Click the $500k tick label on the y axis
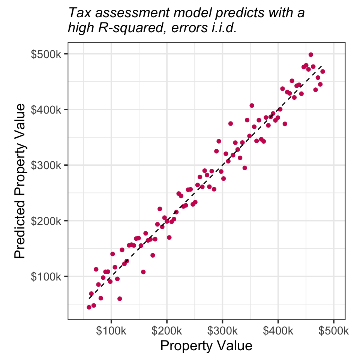pos(47,54)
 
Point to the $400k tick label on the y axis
pos(47,109)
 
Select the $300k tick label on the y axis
pos(47,165)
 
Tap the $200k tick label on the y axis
pos(47,221)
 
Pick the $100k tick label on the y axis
pos(47,276)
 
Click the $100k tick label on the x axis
pos(111,331)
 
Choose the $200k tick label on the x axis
pos(166,331)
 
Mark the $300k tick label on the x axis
pos(222,331)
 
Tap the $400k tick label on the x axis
pos(278,331)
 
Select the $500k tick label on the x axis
pos(333,331)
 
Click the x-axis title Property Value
pos(206,346)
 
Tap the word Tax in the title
pos(78,13)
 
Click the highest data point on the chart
pos(311,55)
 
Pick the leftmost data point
pos(89,307)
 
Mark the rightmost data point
pos(322,72)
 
